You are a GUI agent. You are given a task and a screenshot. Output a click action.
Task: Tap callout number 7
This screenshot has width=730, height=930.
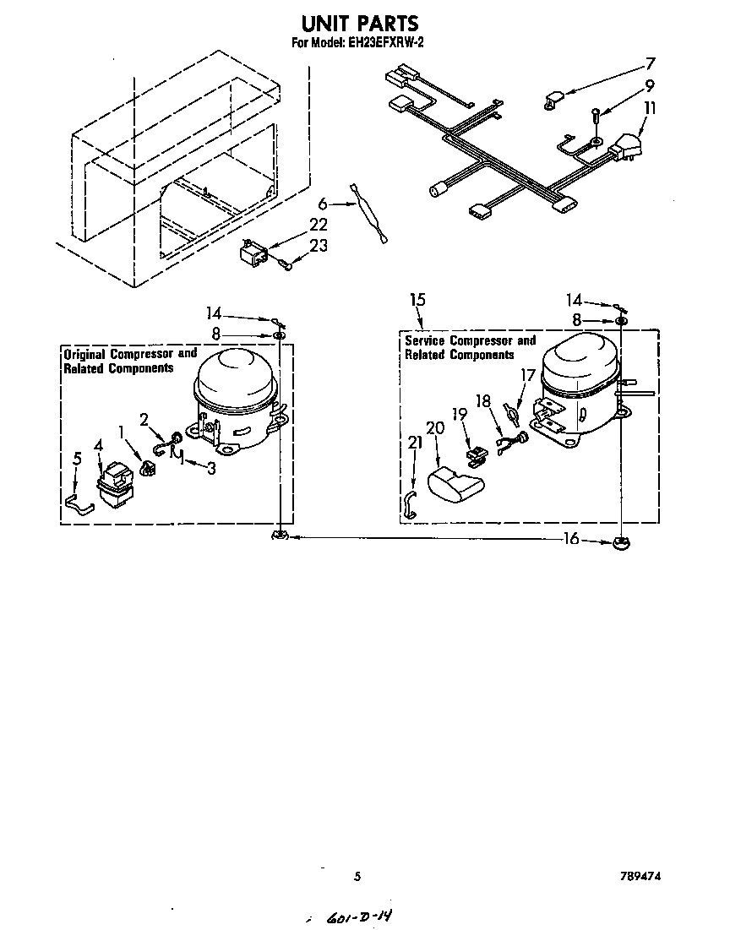[x=650, y=63]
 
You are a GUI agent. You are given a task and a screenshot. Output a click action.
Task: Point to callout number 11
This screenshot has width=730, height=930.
[x=649, y=108]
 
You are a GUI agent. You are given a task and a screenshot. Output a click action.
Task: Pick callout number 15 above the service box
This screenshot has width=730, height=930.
[x=417, y=300]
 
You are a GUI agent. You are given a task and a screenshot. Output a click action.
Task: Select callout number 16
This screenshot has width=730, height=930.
[x=572, y=539]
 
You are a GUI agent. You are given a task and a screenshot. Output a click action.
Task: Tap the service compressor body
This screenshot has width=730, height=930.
[x=579, y=380]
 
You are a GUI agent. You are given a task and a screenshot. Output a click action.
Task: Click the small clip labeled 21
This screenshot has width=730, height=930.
[x=410, y=503]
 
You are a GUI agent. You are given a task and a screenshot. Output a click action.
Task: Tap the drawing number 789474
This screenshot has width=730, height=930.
[x=640, y=877]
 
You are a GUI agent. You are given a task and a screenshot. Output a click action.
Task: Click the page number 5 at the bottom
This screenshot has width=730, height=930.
[x=357, y=877]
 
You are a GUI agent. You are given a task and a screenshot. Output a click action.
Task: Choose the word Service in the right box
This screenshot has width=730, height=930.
[x=425, y=341]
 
